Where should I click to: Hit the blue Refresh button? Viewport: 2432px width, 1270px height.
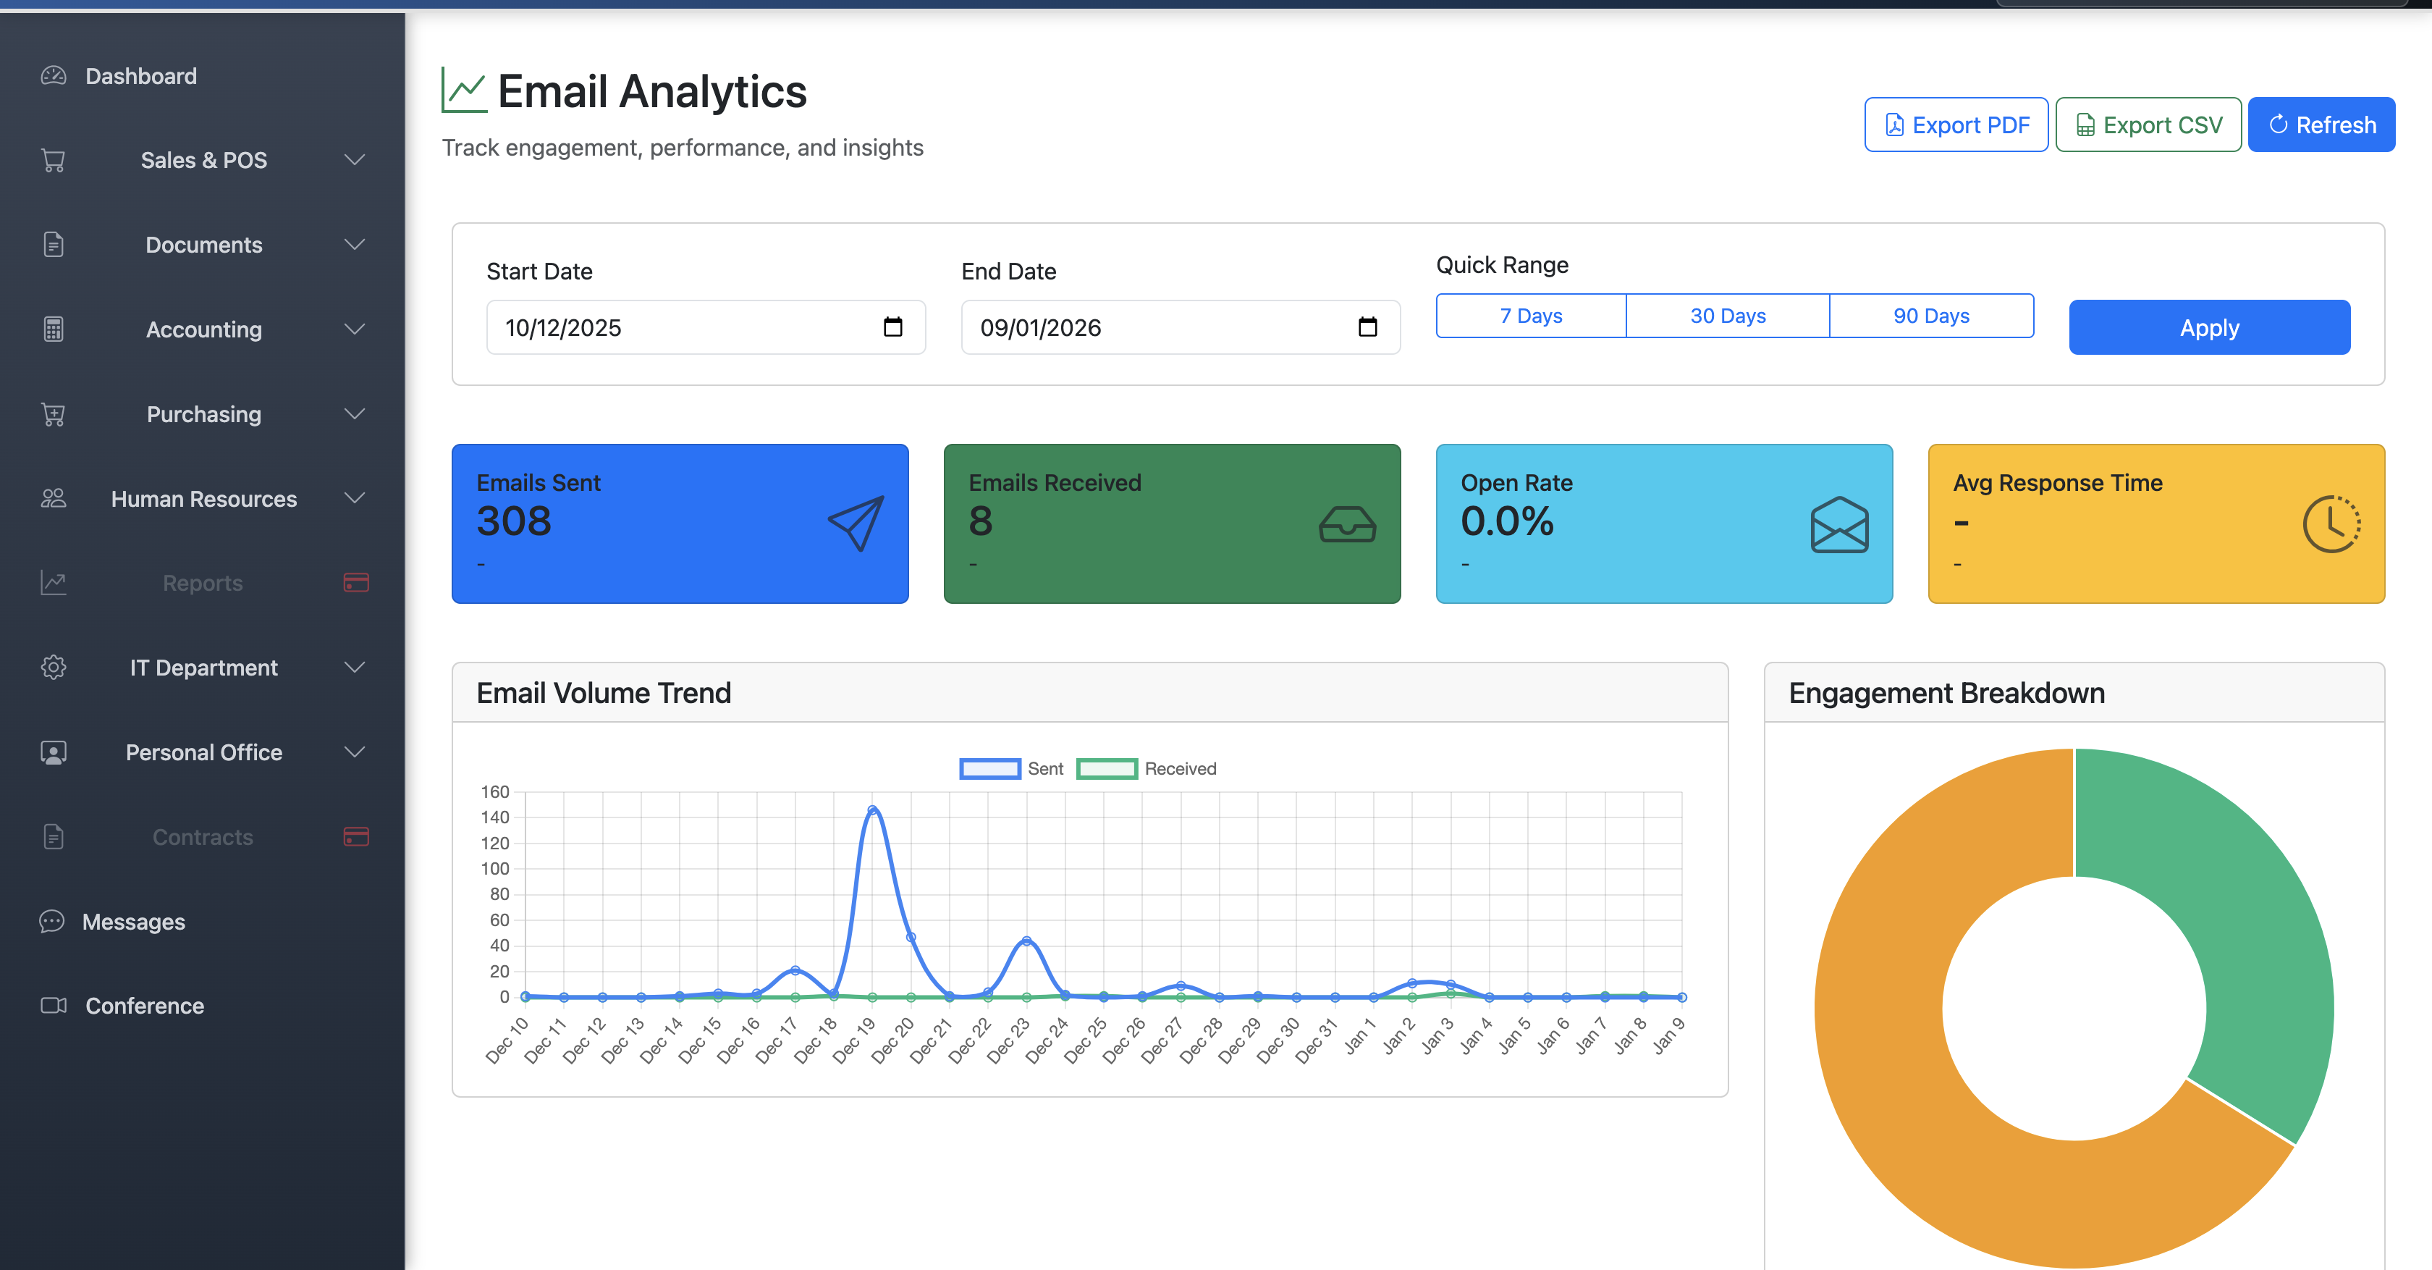click(2321, 125)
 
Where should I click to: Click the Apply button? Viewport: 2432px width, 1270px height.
click(2208, 328)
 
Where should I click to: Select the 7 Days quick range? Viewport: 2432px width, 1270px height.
click(1530, 316)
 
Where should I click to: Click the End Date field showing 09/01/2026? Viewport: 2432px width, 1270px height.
click(1161, 328)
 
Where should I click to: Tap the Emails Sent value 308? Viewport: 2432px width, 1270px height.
click(514, 521)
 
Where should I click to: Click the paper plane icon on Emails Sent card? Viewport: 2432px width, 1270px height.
click(856, 523)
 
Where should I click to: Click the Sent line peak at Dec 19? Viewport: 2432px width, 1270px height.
click(872, 810)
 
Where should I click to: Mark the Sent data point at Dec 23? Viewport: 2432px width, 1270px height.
click(1026, 941)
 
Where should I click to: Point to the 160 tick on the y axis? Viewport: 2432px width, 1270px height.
click(494, 791)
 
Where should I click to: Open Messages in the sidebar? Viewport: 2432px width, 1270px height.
click(133, 922)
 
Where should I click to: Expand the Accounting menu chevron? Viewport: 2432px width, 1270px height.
click(354, 329)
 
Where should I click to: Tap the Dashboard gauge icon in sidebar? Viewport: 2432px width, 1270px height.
click(54, 75)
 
